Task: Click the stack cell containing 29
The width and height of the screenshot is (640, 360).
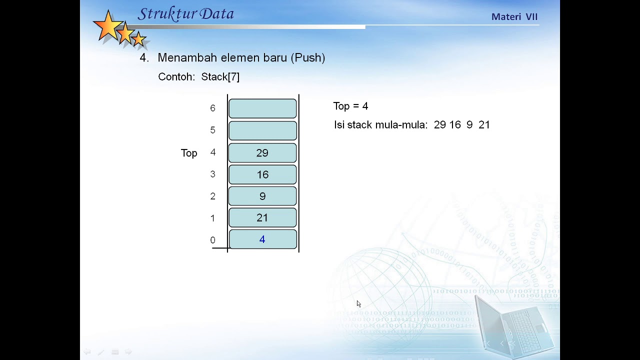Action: pyautogui.click(x=262, y=153)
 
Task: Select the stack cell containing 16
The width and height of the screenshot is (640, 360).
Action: pyautogui.click(x=262, y=174)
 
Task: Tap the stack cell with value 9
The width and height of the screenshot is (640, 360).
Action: pyautogui.click(x=262, y=196)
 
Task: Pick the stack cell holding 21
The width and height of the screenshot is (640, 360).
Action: pyautogui.click(x=262, y=218)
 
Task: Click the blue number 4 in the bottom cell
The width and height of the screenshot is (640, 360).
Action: pyautogui.click(x=262, y=240)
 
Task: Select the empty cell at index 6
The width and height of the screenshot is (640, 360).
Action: pyautogui.click(x=262, y=108)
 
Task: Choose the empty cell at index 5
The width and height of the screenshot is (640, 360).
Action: pyautogui.click(x=262, y=130)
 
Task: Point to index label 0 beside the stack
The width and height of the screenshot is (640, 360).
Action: pyautogui.click(x=212, y=240)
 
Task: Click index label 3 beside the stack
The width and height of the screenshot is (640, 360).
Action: pyautogui.click(x=212, y=174)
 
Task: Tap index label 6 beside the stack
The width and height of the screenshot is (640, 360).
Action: pyautogui.click(x=212, y=108)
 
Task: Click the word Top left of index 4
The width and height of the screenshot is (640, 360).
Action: pyautogui.click(x=189, y=153)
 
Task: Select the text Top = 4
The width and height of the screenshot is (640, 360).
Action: pyautogui.click(x=350, y=106)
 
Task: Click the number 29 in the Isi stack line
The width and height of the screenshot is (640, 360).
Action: pyautogui.click(x=439, y=125)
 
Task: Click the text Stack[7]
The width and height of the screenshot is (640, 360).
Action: pyautogui.click(x=220, y=77)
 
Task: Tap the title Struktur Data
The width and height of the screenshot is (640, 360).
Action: pyautogui.click(x=185, y=14)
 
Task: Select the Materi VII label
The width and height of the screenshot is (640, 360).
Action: pyautogui.click(x=514, y=17)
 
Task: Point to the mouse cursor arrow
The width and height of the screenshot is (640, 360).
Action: pyautogui.click(x=358, y=304)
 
